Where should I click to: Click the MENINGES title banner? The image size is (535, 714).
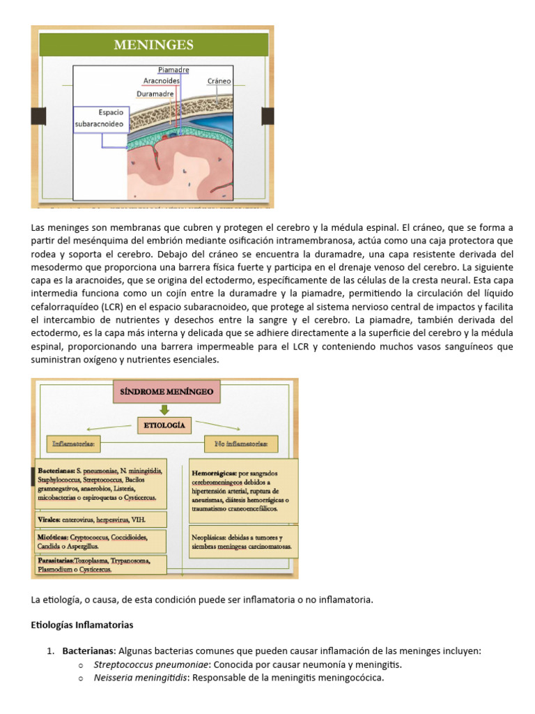[x=153, y=46]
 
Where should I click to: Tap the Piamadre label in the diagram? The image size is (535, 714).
[x=173, y=70]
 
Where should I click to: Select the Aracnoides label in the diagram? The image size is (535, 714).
[x=162, y=81]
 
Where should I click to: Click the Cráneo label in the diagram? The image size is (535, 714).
[x=219, y=81]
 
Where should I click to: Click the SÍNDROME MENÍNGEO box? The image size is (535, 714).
[x=167, y=393]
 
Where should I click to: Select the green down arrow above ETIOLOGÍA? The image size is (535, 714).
[x=164, y=409]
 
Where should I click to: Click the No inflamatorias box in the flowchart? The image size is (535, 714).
[x=241, y=443]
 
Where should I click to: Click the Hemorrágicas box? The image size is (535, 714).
[x=243, y=490]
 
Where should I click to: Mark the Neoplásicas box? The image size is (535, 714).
[x=243, y=542]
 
